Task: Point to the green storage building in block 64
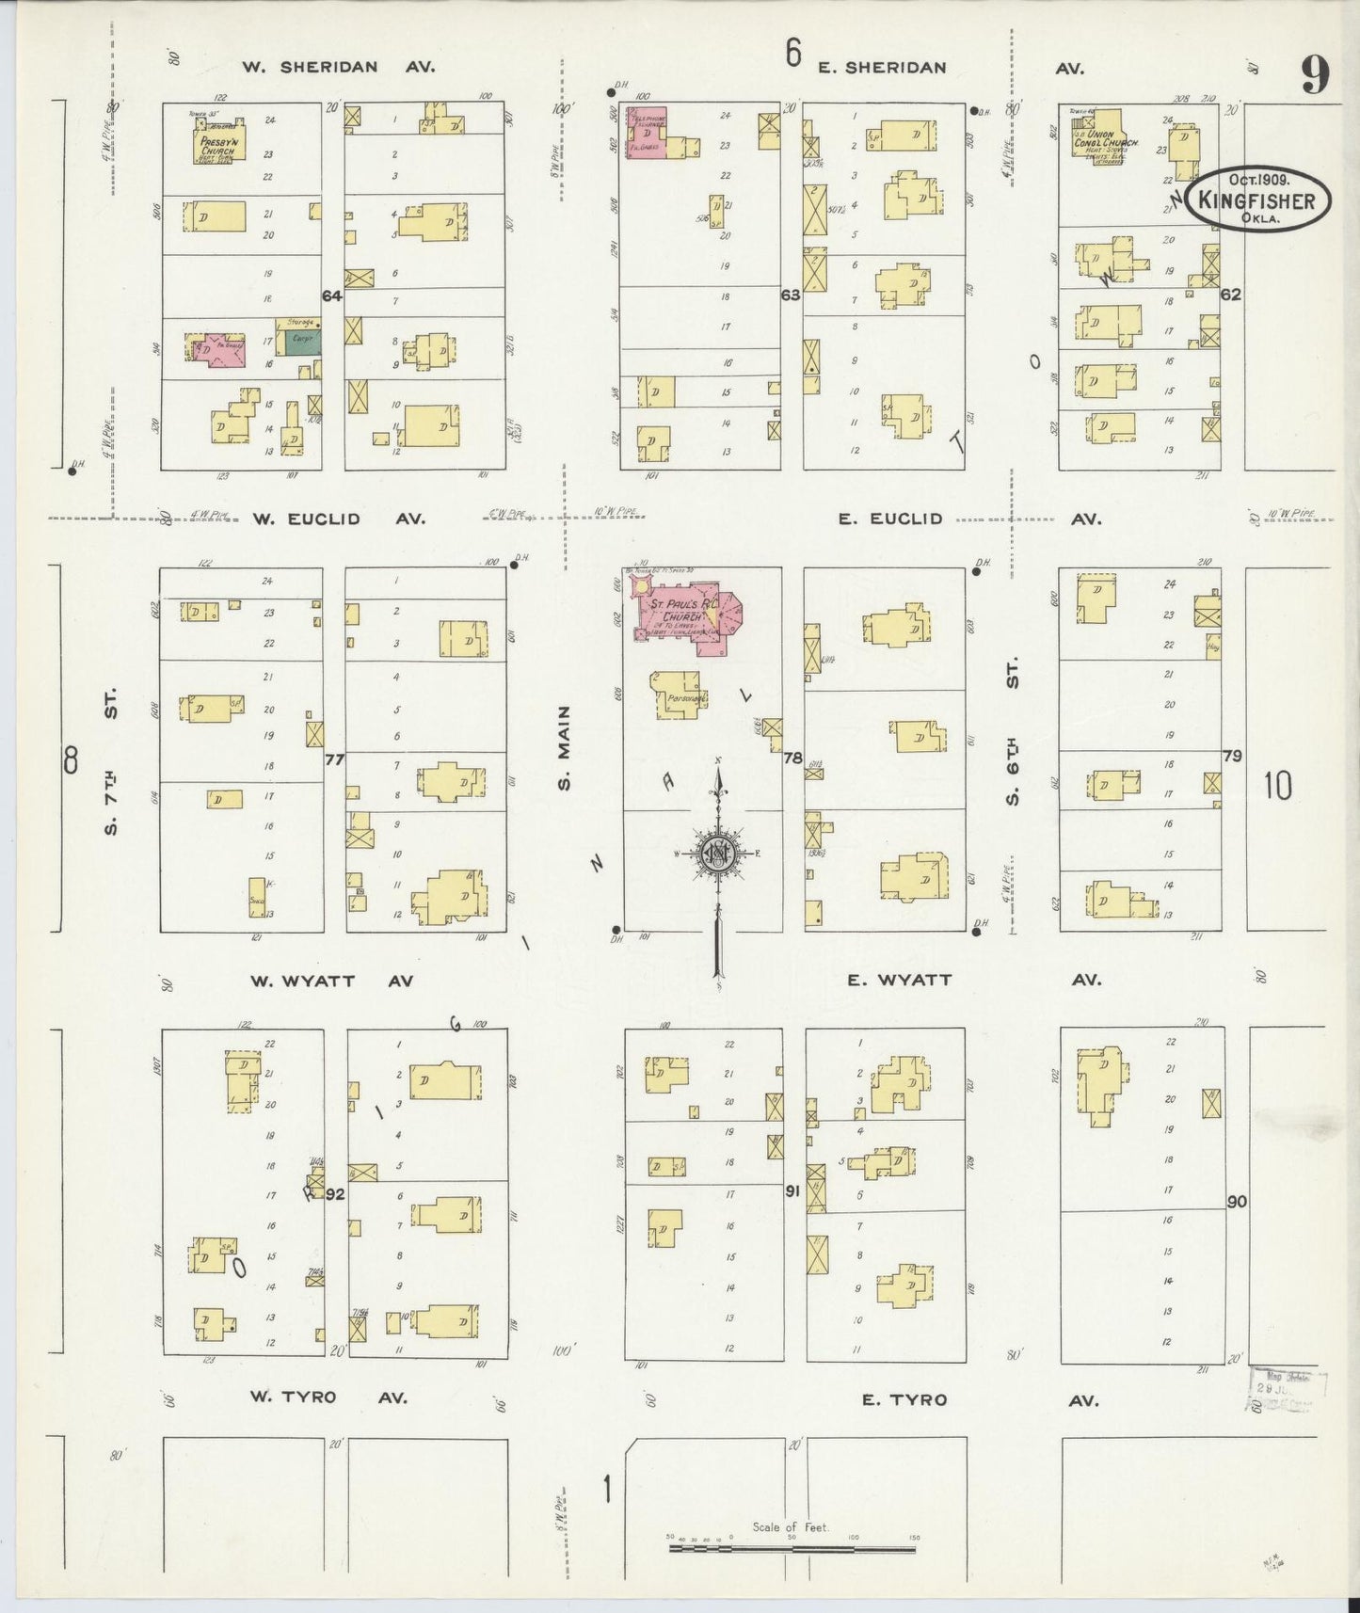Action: click(302, 341)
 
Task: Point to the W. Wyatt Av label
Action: click(331, 981)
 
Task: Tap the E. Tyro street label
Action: click(904, 1399)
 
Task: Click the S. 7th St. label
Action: click(110, 761)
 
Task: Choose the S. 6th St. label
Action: click(1013, 738)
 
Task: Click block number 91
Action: click(792, 1190)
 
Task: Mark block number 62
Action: click(1230, 295)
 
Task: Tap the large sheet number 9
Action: click(1315, 75)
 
